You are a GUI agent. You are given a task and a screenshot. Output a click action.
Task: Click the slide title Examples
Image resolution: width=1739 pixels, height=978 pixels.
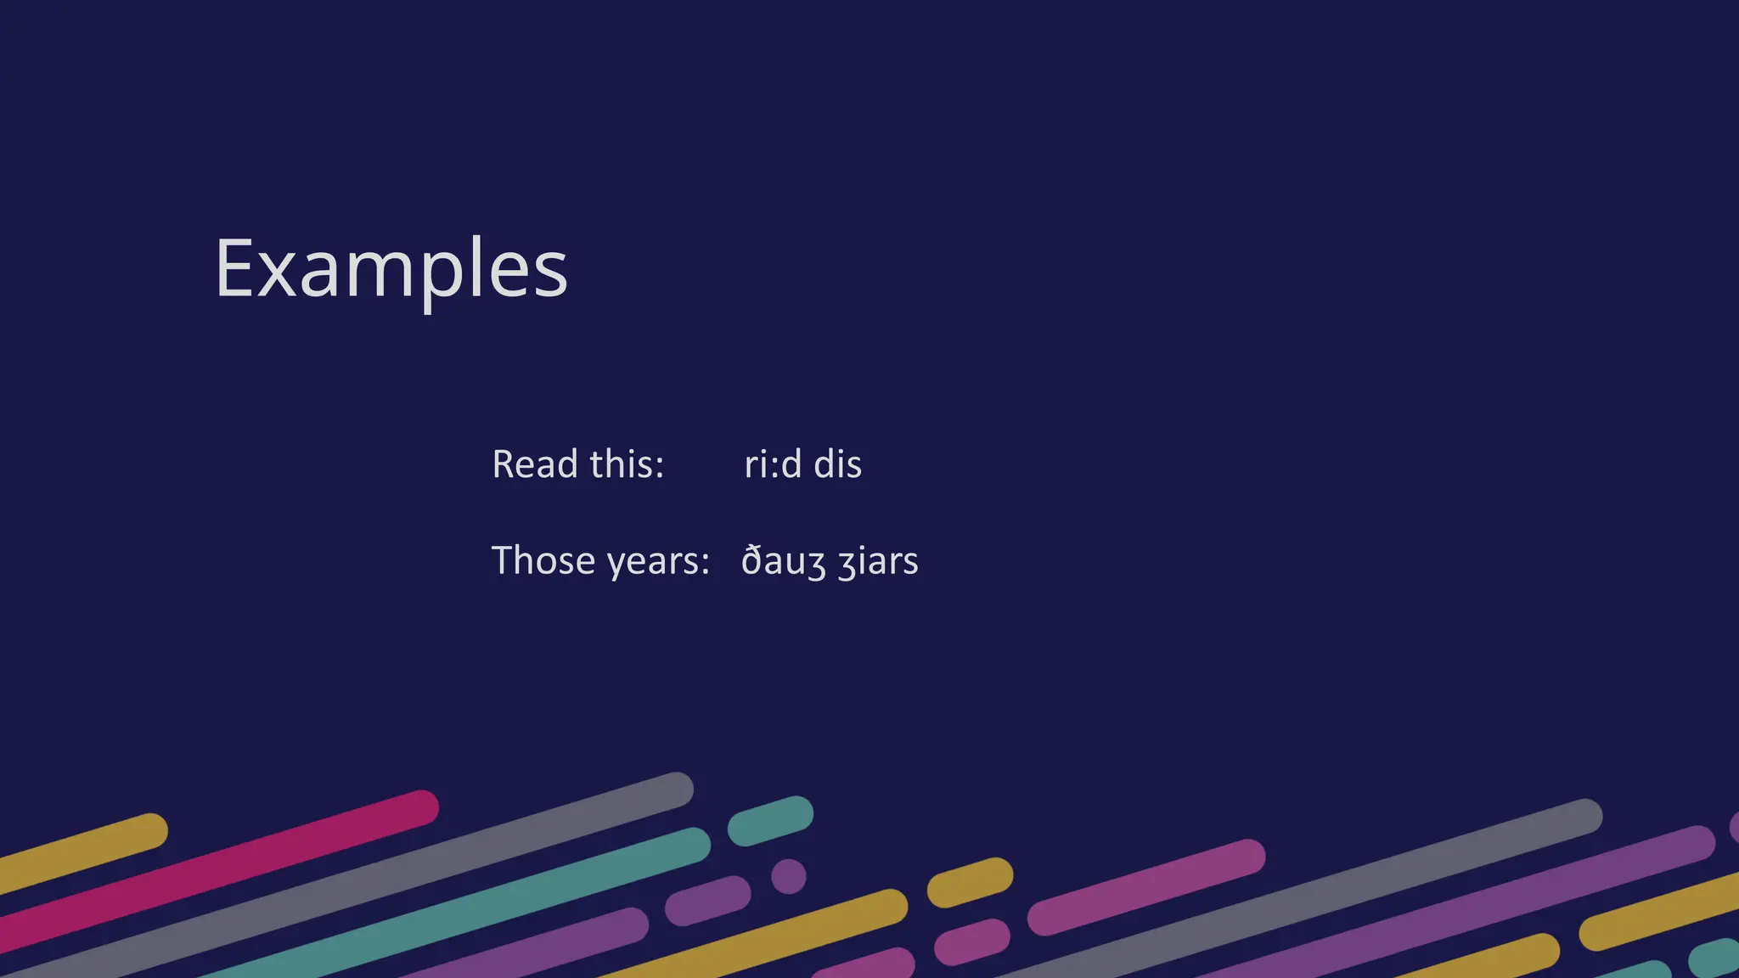coord(391,269)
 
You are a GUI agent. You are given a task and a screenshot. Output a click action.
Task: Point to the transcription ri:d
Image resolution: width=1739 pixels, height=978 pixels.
coord(773,464)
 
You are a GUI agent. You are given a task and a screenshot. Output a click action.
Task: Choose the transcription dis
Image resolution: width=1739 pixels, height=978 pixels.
coord(837,464)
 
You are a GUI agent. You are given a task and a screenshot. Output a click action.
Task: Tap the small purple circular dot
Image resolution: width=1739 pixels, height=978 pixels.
coord(789,876)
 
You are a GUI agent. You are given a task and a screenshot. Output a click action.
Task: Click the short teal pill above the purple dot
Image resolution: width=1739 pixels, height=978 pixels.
coord(770,820)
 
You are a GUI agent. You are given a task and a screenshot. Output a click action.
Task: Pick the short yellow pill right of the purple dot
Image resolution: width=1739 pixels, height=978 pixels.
coord(970,882)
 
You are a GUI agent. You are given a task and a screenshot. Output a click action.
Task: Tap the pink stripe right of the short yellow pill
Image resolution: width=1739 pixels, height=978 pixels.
coord(1146,887)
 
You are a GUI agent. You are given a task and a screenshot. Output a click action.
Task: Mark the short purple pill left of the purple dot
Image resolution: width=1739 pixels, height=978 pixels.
coord(708,901)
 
